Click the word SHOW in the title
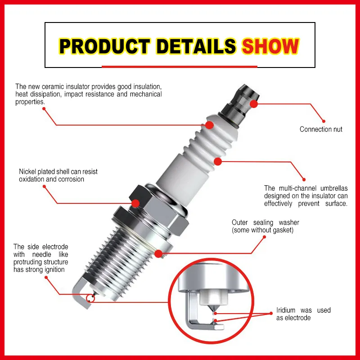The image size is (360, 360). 270,46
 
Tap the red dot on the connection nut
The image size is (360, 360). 254,103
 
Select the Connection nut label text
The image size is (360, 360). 321,130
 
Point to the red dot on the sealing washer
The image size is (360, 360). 158,254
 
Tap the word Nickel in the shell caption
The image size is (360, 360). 28,171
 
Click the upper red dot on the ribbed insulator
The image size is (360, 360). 209,125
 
